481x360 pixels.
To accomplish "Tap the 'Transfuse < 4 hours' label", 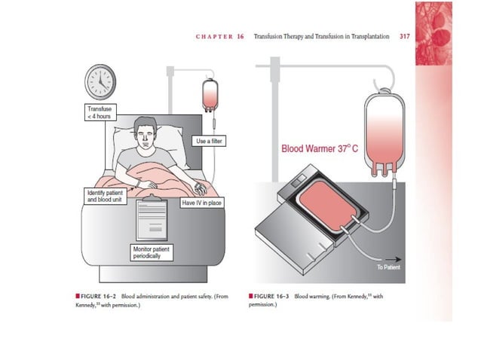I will pos(100,113).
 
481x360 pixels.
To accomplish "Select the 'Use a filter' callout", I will pos(210,142).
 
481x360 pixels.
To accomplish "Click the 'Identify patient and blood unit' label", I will pos(103,196).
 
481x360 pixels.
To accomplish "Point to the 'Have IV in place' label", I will pos(202,203).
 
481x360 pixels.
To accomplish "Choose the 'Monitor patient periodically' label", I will pos(152,252).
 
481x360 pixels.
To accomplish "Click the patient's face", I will pos(143,137).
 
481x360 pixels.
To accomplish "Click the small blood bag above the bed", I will pos(209,96).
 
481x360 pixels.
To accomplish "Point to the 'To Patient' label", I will pos(390,267).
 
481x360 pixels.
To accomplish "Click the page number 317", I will pos(404,36).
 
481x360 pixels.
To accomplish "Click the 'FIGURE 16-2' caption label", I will pos(105,297).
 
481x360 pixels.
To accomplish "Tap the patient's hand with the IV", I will pos(198,185).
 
